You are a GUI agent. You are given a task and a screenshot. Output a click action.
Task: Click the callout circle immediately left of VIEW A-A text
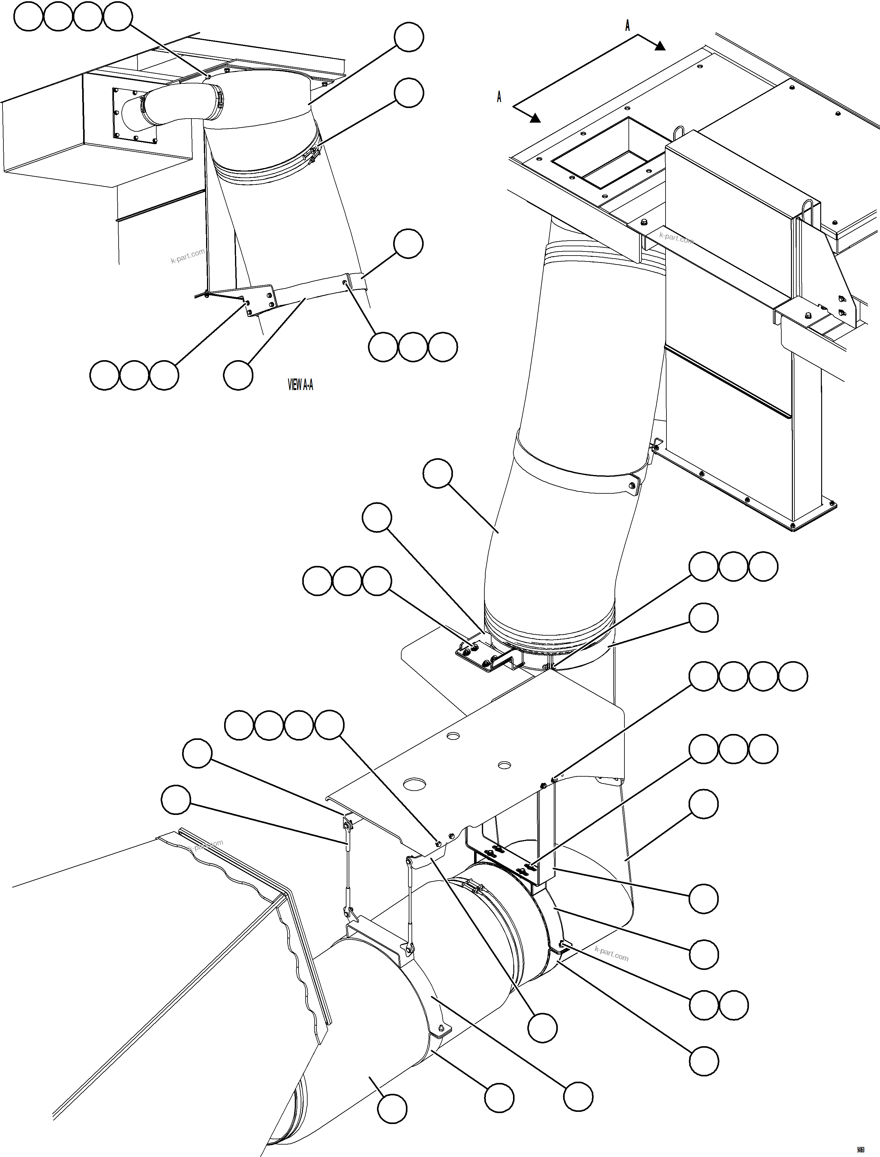(x=238, y=375)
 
